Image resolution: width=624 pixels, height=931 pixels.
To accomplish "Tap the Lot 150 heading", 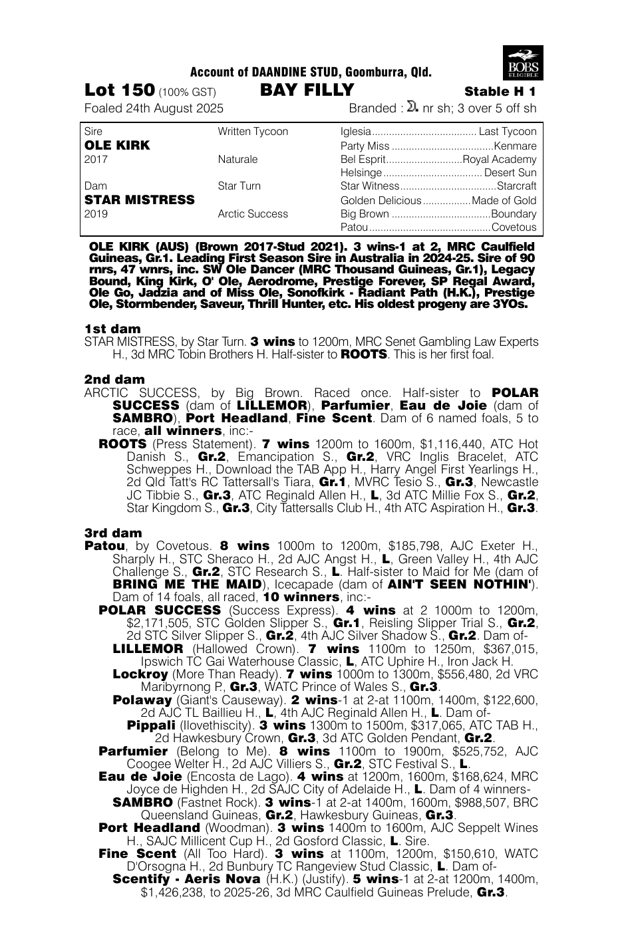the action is (x=120, y=90).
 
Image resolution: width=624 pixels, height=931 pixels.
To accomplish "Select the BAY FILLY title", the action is (x=307, y=90).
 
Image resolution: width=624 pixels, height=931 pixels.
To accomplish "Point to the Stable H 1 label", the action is (x=500, y=92).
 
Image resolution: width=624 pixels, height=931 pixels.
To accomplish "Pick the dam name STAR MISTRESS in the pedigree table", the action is (x=140, y=199).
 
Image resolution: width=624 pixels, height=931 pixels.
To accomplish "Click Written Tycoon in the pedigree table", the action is (x=253, y=132).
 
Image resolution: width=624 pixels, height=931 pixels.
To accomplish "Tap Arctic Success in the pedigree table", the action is (x=253, y=214).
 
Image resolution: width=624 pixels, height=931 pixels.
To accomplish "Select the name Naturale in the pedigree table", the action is (x=237, y=160).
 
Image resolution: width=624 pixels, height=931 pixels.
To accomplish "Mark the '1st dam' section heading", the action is (x=112, y=329).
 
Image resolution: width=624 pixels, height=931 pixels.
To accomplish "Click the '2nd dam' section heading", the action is (x=114, y=380).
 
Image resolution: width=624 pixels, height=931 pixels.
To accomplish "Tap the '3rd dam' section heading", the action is (x=113, y=533).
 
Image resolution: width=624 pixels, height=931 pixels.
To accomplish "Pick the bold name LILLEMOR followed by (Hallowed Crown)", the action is (x=148, y=648).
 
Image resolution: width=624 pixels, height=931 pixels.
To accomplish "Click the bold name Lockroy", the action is (x=140, y=674).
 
